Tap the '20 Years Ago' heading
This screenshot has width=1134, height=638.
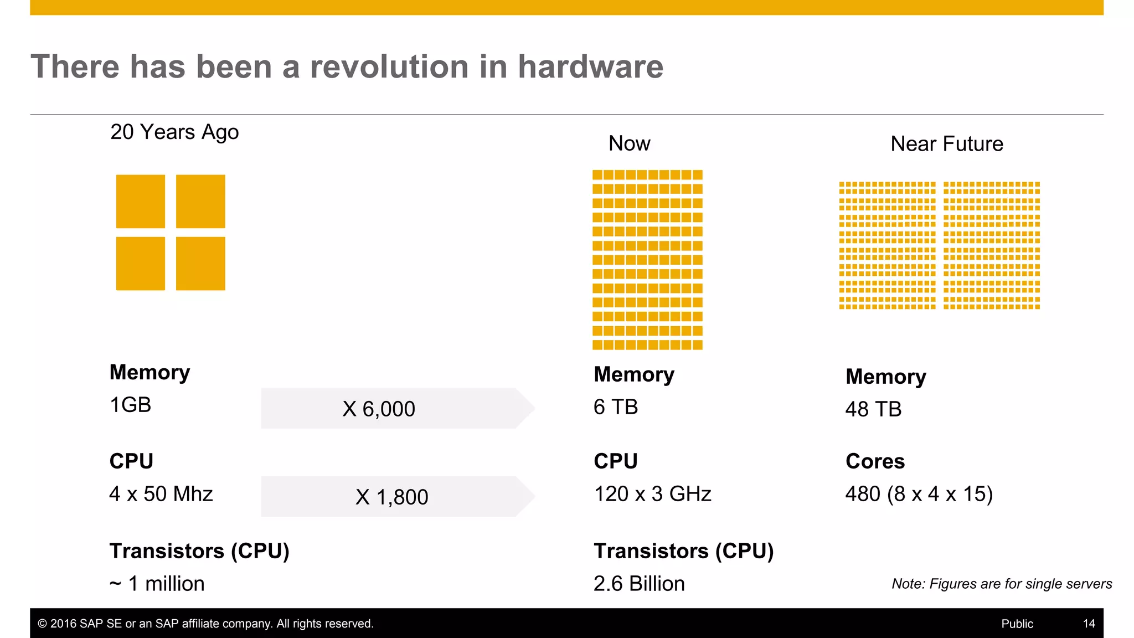(174, 132)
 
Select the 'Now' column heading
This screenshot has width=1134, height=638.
(629, 143)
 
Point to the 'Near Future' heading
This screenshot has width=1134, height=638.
(946, 144)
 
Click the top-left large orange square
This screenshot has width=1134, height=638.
(141, 202)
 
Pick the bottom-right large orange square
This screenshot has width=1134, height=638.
(200, 264)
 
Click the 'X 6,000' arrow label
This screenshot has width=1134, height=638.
(379, 409)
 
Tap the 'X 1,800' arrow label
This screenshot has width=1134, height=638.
(391, 497)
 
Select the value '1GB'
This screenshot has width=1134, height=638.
(131, 405)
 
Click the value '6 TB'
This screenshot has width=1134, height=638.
(616, 407)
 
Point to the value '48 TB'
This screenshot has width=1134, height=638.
(873, 409)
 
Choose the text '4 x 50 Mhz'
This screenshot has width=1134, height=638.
(161, 493)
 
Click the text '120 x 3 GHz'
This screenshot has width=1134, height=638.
(652, 493)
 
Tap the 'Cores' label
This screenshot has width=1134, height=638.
(875, 461)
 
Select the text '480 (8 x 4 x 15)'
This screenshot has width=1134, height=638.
(919, 493)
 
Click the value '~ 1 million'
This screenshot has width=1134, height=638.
(157, 584)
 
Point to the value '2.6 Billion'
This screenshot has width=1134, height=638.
(639, 584)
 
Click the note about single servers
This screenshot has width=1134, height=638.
(1001, 584)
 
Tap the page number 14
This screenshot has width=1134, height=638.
(1089, 624)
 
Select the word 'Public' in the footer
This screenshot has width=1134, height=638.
(1017, 624)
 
